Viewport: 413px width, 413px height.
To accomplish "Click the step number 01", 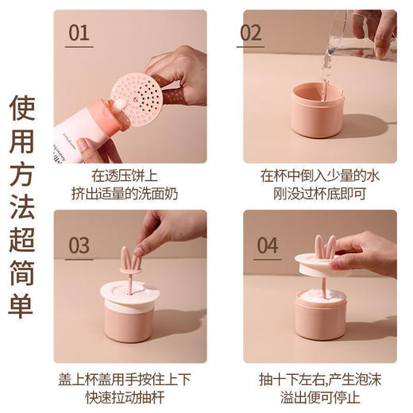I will click(79, 33).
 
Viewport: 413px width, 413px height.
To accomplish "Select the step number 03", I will click(79, 245).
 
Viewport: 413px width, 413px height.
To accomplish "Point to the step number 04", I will click(267, 245).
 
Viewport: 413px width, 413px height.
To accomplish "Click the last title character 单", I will click(22, 305).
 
